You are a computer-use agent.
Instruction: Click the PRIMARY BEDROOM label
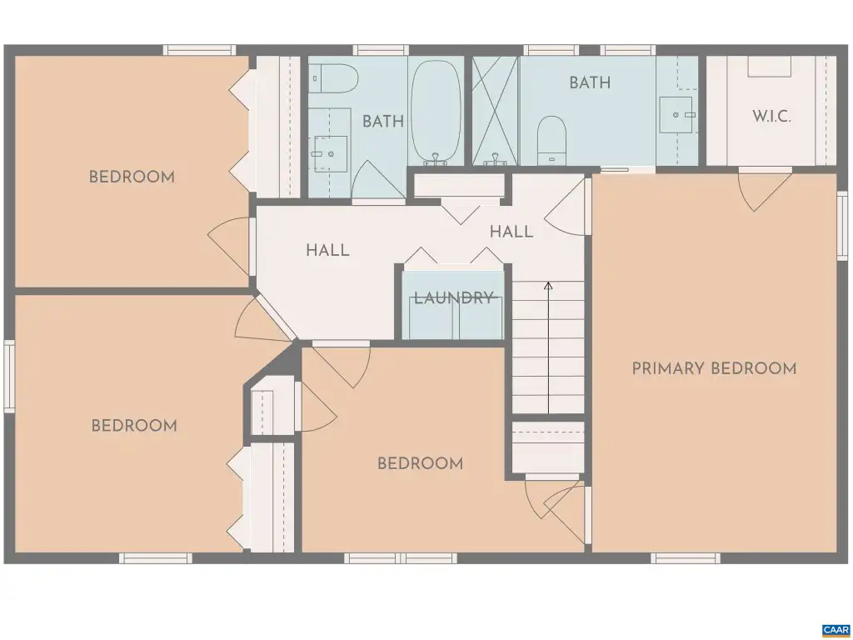714,368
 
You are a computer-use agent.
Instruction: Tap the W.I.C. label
771,116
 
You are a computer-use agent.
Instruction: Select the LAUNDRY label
454,297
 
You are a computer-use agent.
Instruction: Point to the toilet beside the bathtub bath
334,78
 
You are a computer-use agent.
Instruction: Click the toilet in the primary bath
551,140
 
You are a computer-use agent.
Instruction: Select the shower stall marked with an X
495,111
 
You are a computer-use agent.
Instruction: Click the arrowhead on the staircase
548,285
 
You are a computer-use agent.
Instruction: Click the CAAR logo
836,630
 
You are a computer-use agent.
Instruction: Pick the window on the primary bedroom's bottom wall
686,557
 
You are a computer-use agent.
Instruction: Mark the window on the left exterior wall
9,376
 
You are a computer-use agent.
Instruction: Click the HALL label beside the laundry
327,250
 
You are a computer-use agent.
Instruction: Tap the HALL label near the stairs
511,232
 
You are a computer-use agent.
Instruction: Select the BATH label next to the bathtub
383,122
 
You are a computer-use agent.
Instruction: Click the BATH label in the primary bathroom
590,82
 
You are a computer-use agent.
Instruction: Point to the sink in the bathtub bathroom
330,154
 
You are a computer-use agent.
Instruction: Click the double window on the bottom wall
401,557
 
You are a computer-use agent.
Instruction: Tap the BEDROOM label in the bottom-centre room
420,463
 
